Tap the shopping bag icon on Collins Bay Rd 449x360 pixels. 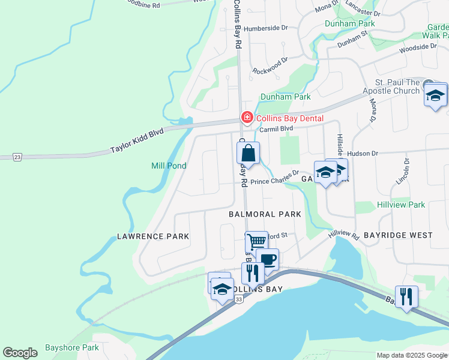pos(248,154)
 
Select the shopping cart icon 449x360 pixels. pos(256,242)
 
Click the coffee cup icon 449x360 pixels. pos(267,260)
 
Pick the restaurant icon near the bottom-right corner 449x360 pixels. pos(406,296)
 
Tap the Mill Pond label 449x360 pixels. pos(168,166)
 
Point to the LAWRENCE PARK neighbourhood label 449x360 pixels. pos(153,236)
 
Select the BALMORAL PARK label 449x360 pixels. pos(265,214)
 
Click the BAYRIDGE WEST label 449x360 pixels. pos(398,235)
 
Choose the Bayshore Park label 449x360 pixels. pos(71,347)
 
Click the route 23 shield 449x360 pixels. pos(17,157)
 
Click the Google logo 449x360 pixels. pos(20,353)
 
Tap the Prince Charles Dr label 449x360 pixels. pos(274,179)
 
